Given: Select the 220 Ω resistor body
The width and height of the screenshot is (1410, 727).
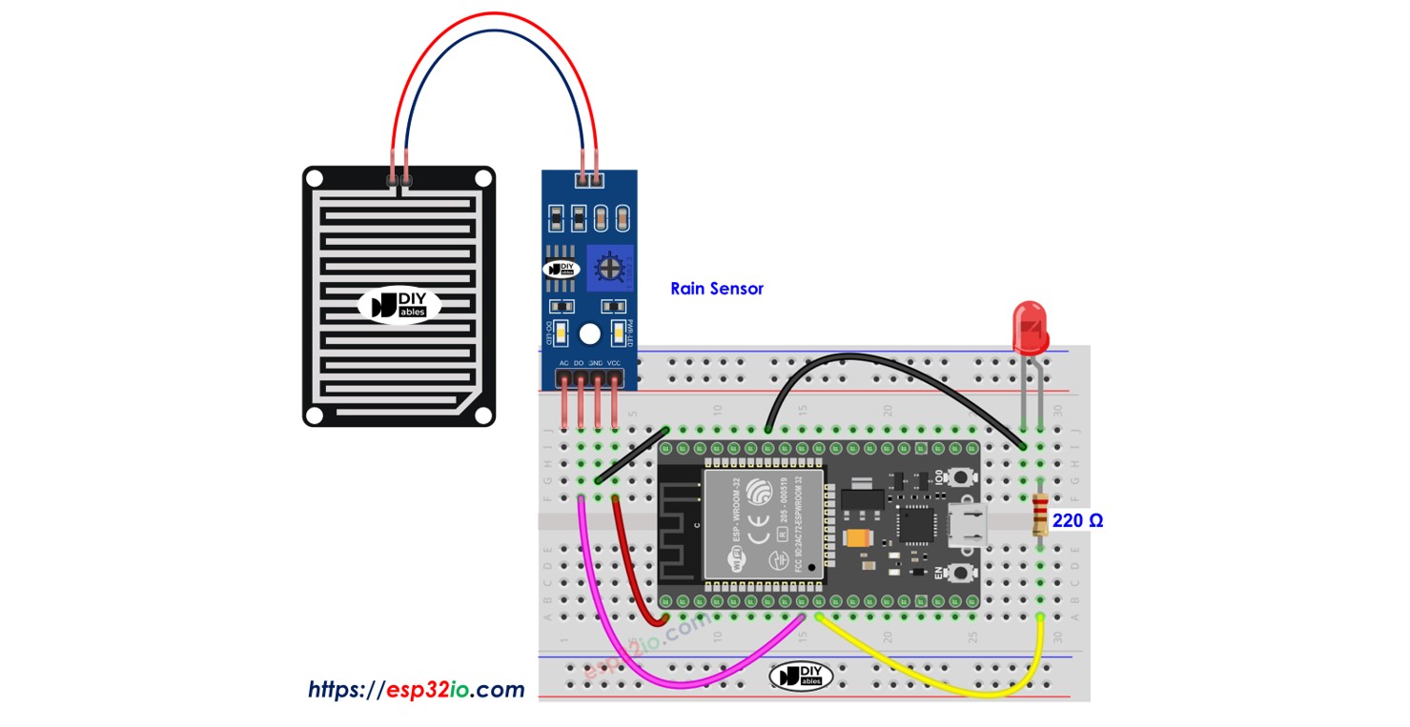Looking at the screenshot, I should tap(1040, 519).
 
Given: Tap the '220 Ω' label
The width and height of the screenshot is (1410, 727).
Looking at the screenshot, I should tap(1077, 521).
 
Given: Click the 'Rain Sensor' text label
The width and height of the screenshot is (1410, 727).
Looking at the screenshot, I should tap(716, 288).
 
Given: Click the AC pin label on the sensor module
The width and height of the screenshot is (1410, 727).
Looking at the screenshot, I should tap(563, 364).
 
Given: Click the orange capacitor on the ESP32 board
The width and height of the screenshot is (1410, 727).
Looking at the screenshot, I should tap(855, 537).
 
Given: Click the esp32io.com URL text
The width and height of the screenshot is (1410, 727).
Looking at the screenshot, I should tap(416, 689).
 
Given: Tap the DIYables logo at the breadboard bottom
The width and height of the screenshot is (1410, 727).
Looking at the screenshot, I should tap(801, 676).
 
